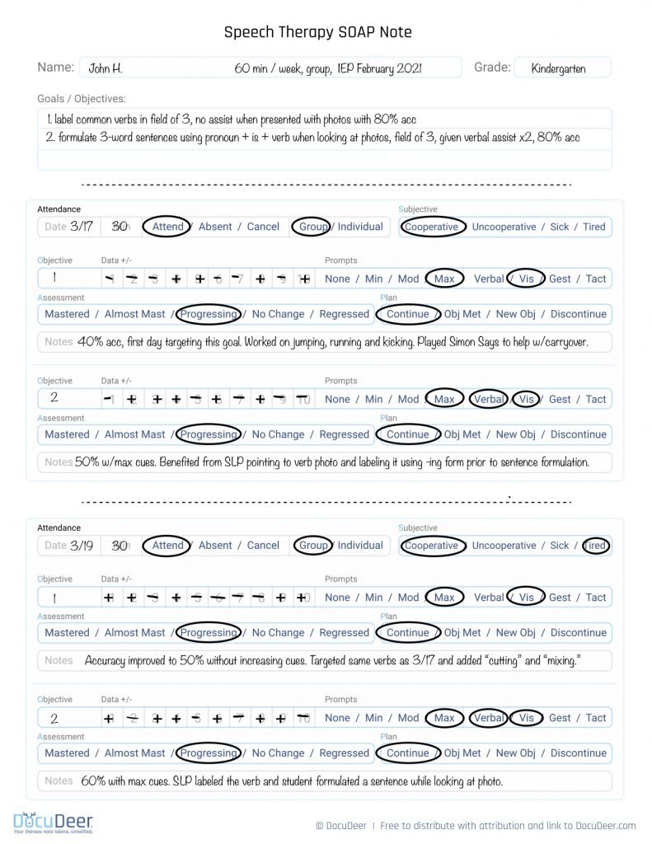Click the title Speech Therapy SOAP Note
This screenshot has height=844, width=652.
317,32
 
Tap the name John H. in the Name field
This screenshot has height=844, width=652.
106,68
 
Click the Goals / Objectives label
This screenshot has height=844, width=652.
82,98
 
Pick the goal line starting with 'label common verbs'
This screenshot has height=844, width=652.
232,119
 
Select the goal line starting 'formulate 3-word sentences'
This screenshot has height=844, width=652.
313,138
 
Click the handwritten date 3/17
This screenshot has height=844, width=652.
82,227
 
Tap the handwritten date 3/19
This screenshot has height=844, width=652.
82,545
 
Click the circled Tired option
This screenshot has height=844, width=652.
594,545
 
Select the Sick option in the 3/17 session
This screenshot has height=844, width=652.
560,227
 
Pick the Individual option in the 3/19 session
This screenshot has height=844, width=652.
360,545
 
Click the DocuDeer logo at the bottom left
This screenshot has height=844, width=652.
53,822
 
